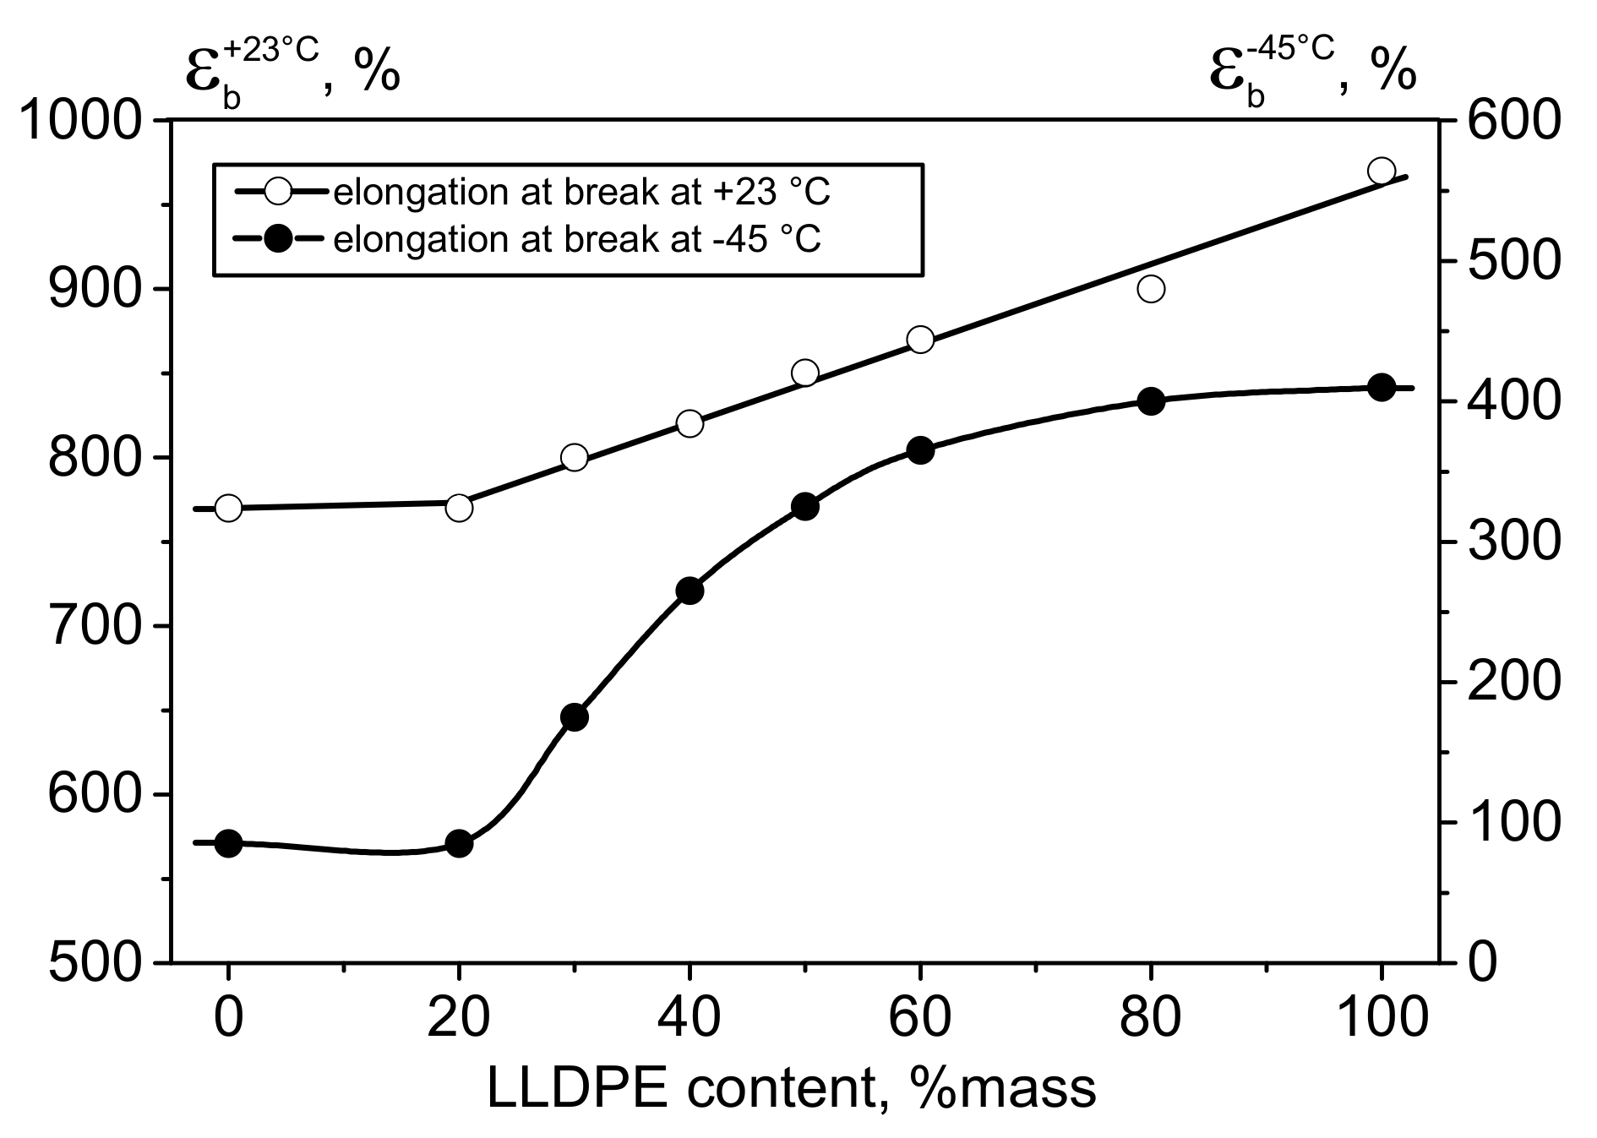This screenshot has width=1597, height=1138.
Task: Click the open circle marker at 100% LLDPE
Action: coord(1381,171)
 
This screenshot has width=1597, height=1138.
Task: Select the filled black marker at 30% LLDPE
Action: coord(574,717)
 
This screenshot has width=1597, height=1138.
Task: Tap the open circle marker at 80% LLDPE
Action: coord(1151,289)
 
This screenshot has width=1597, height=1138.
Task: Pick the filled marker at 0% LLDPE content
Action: coord(228,843)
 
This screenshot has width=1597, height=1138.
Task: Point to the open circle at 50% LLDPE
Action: coord(804,373)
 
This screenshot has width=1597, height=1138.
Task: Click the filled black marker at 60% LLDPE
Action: coord(920,450)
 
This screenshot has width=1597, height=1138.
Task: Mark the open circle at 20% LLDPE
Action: coord(459,508)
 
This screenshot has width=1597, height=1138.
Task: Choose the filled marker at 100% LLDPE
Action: coord(1381,388)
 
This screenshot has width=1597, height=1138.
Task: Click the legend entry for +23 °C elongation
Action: coord(582,193)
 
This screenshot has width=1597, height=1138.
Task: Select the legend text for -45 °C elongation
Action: coord(577,240)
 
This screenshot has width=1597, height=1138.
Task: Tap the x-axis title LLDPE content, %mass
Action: coord(792,1088)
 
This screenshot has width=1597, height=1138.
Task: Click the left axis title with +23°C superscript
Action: coord(292,68)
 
